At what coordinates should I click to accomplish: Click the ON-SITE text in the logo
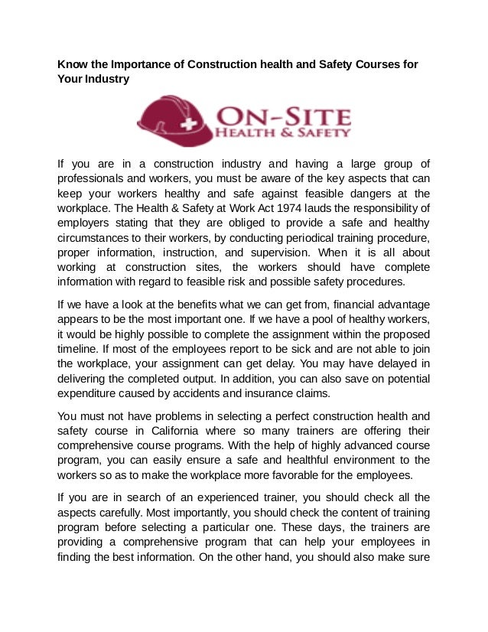(x=285, y=116)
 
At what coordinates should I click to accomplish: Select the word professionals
(x=93, y=178)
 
